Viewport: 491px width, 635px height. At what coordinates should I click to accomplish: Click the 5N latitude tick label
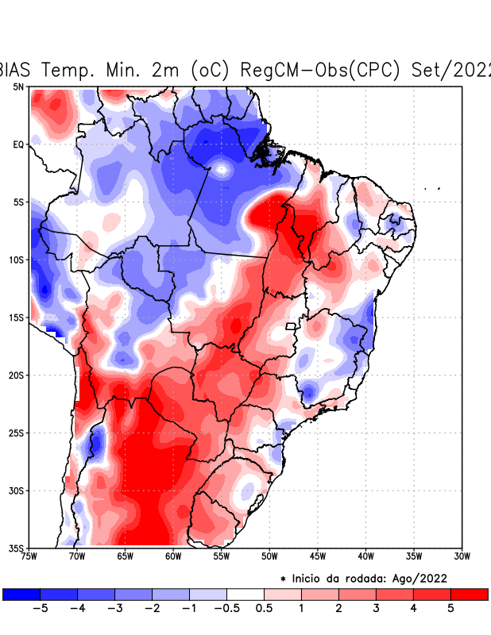pyautogui.click(x=18, y=87)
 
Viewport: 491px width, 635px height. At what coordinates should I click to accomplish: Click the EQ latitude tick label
pyautogui.click(x=18, y=144)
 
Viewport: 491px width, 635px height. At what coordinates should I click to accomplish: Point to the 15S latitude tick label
pyautogui.click(x=17, y=317)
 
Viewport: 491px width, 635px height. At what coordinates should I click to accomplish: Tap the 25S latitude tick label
pyautogui.click(x=17, y=433)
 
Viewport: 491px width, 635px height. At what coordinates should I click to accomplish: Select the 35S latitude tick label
pyautogui.click(x=17, y=548)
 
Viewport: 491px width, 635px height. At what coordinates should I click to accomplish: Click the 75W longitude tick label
pyautogui.click(x=30, y=556)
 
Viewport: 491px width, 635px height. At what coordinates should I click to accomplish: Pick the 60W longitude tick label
pyautogui.click(x=172, y=556)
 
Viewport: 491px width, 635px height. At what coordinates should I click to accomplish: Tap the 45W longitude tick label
pyautogui.click(x=317, y=556)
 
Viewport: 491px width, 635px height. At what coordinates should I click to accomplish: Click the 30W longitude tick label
pyautogui.click(x=462, y=556)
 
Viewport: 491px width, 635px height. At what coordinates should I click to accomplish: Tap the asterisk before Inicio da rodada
pyautogui.click(x=282, y=579)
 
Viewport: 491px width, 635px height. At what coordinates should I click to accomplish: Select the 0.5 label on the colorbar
pyautogui.click(x=264, y=608)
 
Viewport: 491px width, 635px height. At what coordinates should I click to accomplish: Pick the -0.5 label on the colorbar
pyautogui.click(x=226, y=608)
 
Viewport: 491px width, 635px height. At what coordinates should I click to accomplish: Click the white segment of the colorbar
pyautogui.click(x=245, y=594)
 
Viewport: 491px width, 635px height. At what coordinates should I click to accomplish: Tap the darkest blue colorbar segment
pyautogui.click(x=21, y=594)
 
